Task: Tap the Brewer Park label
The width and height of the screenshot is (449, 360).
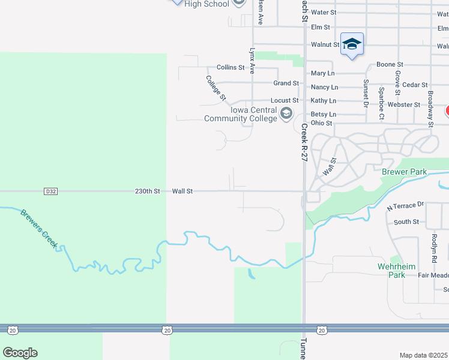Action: (404, 172)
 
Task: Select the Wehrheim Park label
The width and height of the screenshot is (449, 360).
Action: (391, 271)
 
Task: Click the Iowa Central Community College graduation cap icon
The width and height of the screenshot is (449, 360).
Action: (286, 112)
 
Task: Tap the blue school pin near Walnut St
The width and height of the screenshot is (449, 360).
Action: (352, 44)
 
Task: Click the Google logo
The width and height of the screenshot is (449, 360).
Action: (20, 353)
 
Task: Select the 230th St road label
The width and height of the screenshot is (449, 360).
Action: (147, 191)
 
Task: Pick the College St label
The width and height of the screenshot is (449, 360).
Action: (215, 88)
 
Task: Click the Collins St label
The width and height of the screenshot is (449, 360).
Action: (231, 68)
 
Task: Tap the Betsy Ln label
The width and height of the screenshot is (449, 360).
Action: (323, 114)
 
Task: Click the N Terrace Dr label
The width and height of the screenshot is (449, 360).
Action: (406, 206)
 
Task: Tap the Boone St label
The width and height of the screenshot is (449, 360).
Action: (390, 65)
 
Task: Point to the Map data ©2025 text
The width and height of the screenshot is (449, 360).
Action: (423, 355)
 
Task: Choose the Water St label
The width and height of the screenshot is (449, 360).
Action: (324, 12)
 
